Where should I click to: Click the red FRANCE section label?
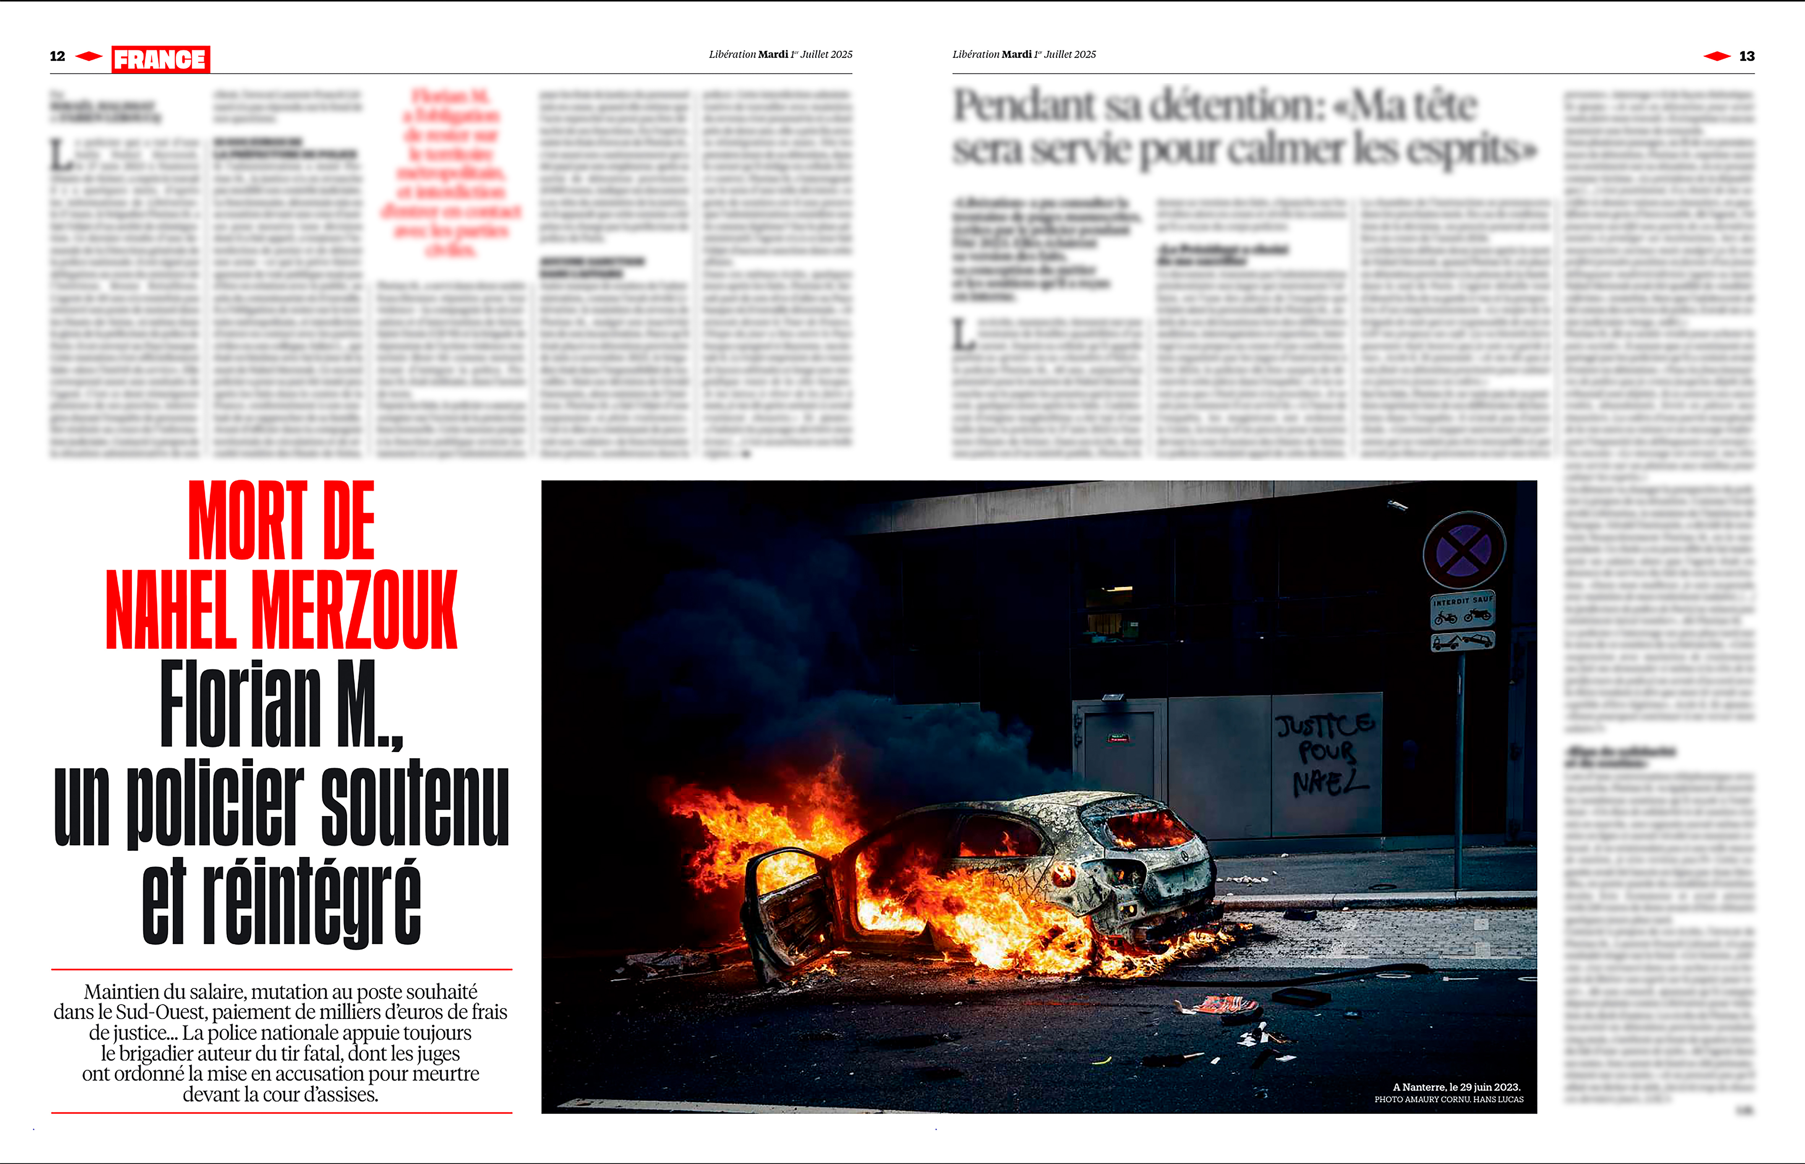pos(160,59)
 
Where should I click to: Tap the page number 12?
pos(57,56)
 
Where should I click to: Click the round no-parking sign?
pos(1463,550)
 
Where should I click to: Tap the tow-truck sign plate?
pos(1462,642)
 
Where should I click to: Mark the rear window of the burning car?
pos(1141,828)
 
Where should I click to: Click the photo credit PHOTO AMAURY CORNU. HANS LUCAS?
pos(1449,1100)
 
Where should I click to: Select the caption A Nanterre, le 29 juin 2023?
pos(1456,1087)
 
